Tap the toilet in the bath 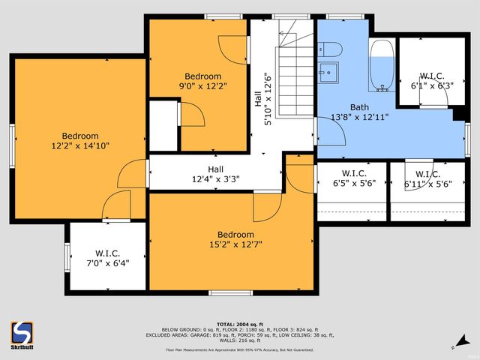pyautogui.click(x=329, y=49)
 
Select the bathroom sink pyautogui.click(x=328, y=73)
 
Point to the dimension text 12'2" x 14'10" pyautogui.click(x=79, y=145)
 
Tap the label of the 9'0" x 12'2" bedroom pyautogui.click(x=202, y=81)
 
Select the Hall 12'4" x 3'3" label pyautogui.click(x=215, y=174)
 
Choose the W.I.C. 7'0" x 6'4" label pyautogui.click(x=107, y=259)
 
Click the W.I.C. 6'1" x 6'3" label pyautogui.click(x=432, y=81)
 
